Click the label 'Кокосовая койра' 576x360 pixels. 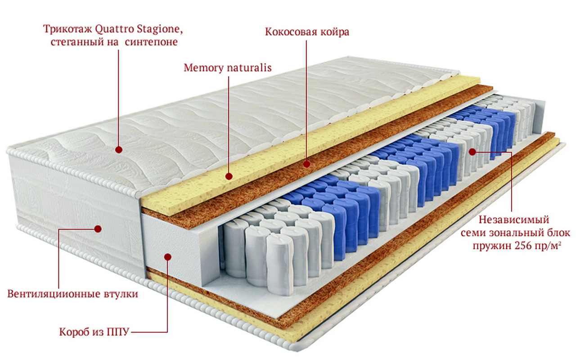pyautogui.click(x=307, y=32)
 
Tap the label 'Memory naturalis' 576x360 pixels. pyautogui.click(x=228, y=68)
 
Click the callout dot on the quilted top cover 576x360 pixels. pyautogui.click(x=119, y=149)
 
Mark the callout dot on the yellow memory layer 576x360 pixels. pyautogui.click(x=229, y=176)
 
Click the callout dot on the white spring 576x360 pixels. pyautogui.click(x=472, y=152)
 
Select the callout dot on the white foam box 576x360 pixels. pyautogui.click(x=167, y=256)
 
